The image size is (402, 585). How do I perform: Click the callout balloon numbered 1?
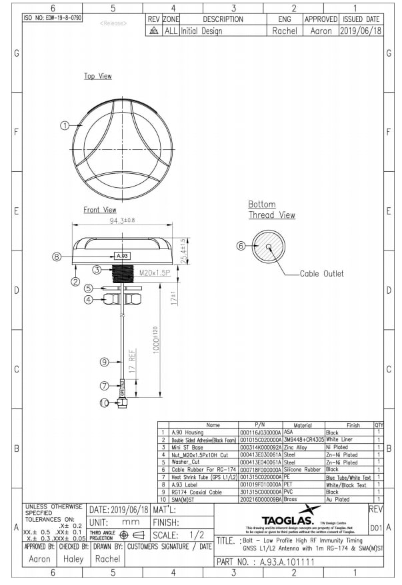65,125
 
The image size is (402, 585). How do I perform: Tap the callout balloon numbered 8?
57,256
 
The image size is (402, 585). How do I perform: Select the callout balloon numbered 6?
241,245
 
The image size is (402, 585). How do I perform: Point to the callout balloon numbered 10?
104,402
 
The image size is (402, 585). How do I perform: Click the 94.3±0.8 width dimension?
120,220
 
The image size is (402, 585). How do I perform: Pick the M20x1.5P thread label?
154,273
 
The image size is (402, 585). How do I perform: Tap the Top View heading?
97,77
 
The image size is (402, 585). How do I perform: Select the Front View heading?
99,210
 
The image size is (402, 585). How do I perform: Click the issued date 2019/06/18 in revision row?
359,31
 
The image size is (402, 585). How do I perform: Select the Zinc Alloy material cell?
298,448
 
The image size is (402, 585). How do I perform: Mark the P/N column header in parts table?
260,424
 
